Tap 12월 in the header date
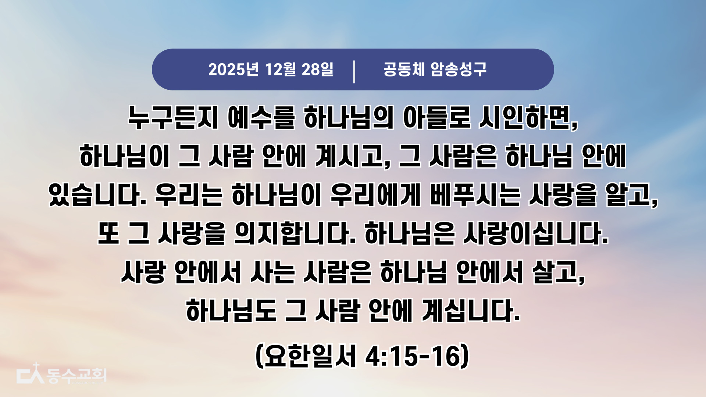pos(280,69)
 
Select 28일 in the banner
pos(318,69)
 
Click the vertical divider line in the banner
pos(354,72)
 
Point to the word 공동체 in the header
pos(404,69)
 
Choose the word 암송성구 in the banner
pos(459,69)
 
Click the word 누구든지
pos(173,118)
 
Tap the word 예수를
pos(261,118)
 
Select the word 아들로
pos(437,118)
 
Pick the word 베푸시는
pos(475,195)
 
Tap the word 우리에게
pos(375,195)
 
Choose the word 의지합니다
pos(292,233)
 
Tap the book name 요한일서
pos(310,356)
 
